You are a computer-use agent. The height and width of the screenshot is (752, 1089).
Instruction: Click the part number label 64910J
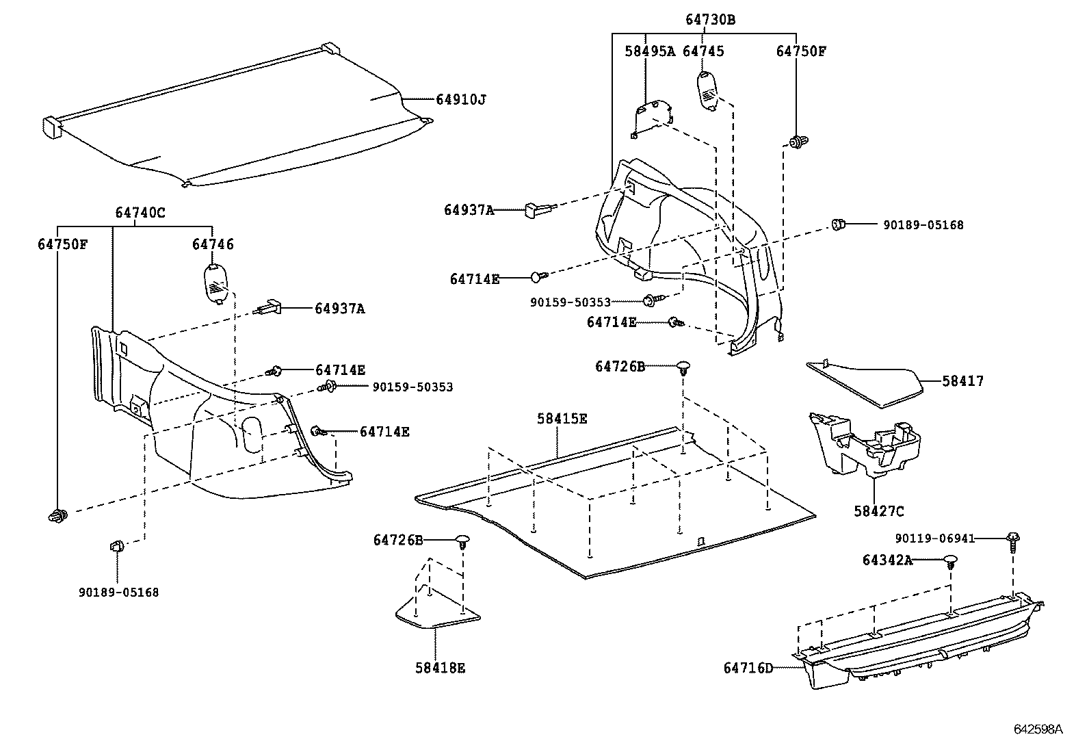click(461, 100)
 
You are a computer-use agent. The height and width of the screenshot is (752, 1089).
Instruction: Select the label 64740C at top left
click(140, 213)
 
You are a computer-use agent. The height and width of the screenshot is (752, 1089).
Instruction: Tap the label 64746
click(213, 244)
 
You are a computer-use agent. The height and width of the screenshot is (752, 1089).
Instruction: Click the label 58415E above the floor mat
click(562, 419)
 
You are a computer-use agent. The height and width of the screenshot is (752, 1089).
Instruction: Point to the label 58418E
click(440, 668)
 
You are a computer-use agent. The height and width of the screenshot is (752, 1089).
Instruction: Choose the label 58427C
click(878, 511)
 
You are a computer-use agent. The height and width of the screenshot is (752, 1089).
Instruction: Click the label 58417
click(962, 381)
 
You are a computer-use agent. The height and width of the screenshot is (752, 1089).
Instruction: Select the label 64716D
click(748, 667)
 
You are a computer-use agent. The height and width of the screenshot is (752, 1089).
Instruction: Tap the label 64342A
click(887, 560)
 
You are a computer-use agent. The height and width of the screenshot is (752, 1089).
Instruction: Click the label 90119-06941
click(934, 539)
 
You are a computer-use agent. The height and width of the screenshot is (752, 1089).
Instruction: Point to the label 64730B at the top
click(710, 20)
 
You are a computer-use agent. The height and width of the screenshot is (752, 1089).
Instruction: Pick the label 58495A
click(649, 51)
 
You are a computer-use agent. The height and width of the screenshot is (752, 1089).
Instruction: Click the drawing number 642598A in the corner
click(1038, 729)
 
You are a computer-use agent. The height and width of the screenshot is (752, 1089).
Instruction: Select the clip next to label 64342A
click(950, 562)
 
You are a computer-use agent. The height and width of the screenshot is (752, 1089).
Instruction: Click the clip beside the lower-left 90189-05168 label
click(116, 547)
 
